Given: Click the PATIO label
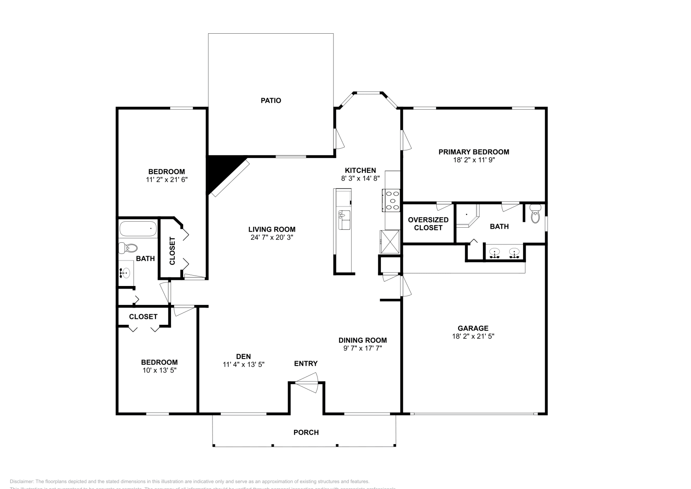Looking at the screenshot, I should [x=271, y=101].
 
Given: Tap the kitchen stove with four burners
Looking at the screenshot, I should [x=391, y=201].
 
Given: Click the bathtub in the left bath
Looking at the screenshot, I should [x=138, y=229].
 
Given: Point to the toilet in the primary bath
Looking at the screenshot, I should [x=536, y=215].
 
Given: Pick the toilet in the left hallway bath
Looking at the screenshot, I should [x=128, y=248].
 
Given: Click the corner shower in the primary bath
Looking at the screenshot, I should [x=468, y=216].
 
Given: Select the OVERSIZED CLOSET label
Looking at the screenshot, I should [x=428, y=224].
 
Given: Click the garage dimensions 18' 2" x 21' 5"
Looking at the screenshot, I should [x=473, y=336].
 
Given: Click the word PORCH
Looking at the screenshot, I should [x=306, y=432].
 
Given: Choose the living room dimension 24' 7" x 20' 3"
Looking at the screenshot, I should [x=272, y=237].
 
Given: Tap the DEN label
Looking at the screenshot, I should [x=243, y=356].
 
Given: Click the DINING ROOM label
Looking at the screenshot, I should [x=362, y=340].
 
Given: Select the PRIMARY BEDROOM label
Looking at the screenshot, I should [x=474, y=152].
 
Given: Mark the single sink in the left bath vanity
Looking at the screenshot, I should [x=126, y=273].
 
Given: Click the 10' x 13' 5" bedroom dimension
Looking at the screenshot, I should [x=159, y=370].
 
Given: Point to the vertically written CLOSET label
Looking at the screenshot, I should [x=172, y=251].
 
